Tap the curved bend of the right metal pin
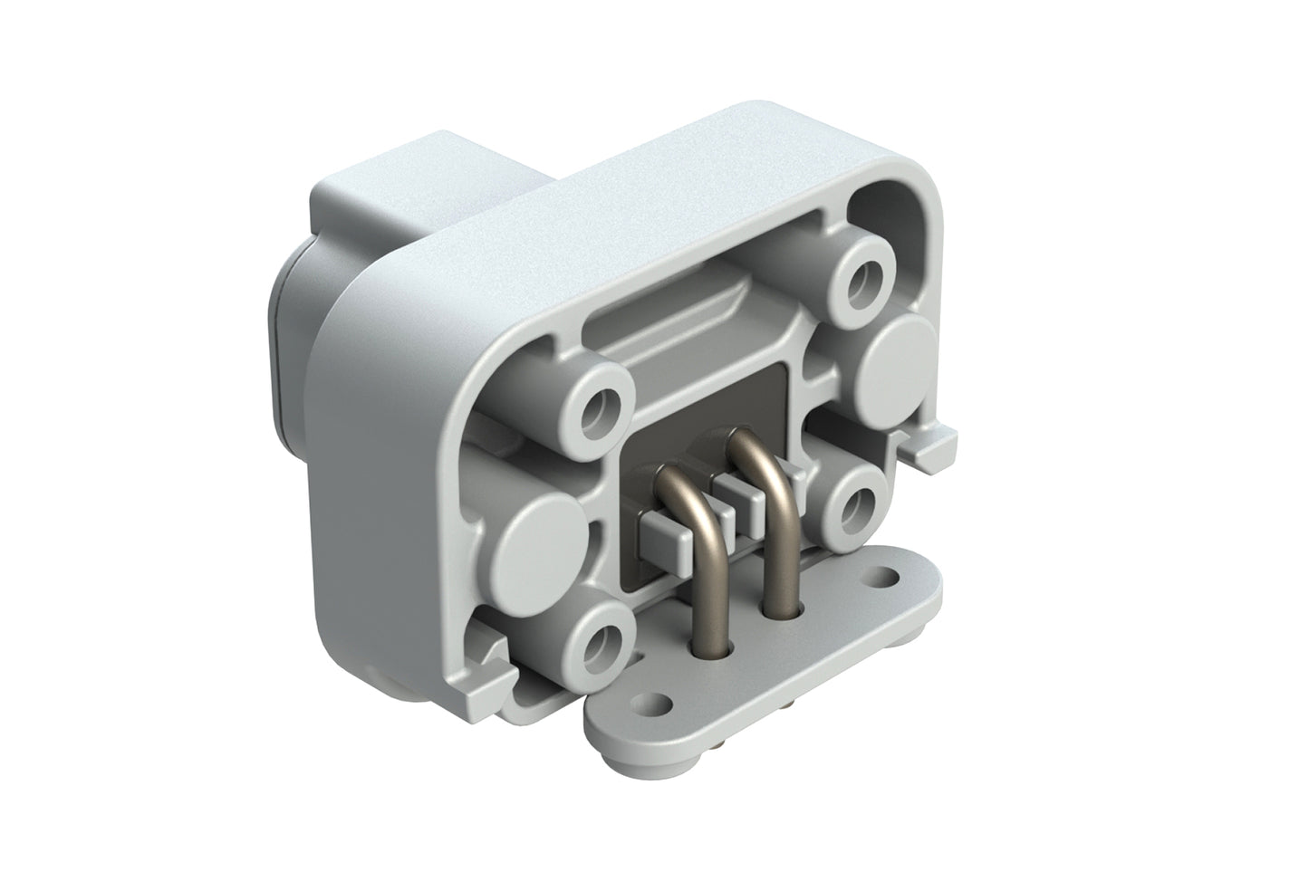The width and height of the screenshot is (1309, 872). (753, 449)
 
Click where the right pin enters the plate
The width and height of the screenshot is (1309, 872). (781, 608)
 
